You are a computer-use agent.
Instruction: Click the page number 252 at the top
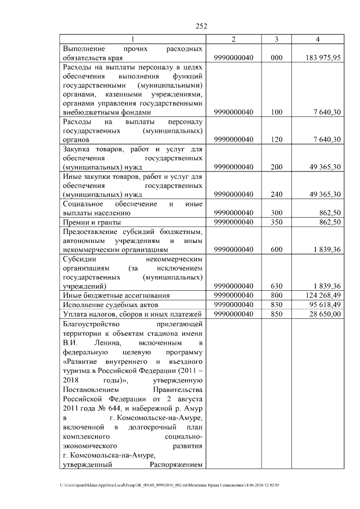click(x=202, y=25)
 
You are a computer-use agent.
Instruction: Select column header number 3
click(x=276, y=39)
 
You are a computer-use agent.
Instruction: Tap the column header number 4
click(x=318, y=39)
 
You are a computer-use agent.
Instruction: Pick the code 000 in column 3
click(x=276, y=57)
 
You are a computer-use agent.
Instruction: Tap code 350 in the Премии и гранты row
click(x=276, y=222)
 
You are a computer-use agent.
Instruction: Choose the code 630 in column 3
click(x=276, y=286)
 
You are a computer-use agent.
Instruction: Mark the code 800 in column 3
click(x=276, y=295)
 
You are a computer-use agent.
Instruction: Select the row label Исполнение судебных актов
click(x=104, y=304)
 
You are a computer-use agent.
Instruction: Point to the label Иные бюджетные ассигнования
click(x=109, y=295)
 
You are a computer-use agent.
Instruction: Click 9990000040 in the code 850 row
click(x=234, y=314)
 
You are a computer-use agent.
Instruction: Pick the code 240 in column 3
click(x=276, y=195)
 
